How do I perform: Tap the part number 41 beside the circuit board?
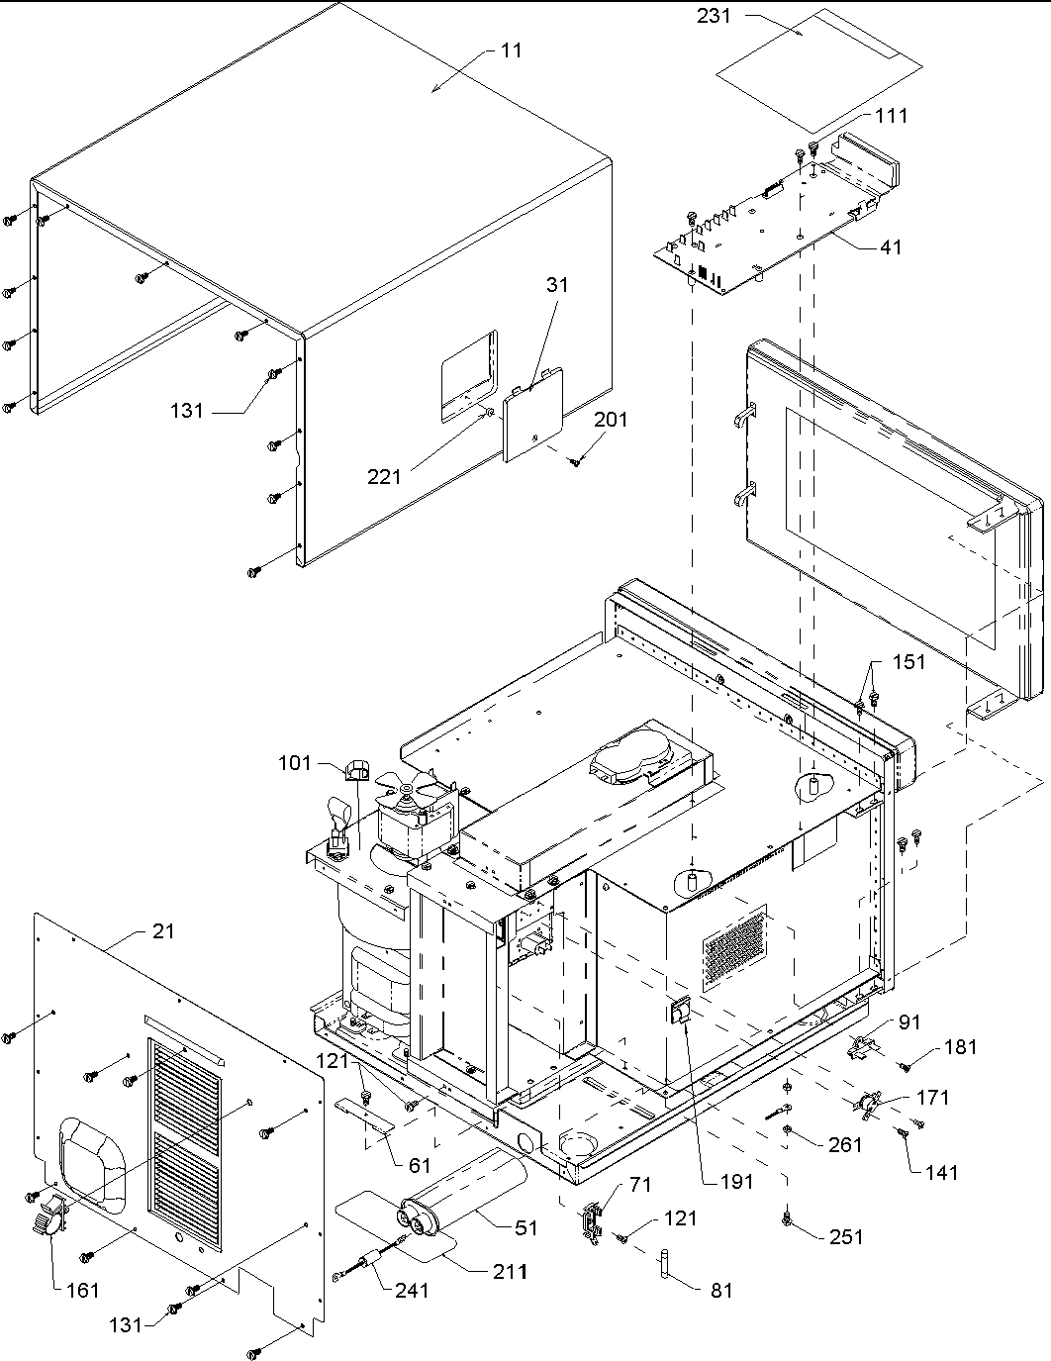tap(891, 246)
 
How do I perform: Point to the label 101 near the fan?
tap(295, 763)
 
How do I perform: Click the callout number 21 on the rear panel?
tap(163, 930)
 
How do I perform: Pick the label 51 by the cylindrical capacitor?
tap(526, 1227)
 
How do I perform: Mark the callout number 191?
tap(737, 1181)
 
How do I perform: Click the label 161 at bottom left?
tap(83, 1290)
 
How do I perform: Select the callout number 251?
tap(846, 1236)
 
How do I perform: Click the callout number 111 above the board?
tap(891, 116)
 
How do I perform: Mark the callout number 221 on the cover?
tap(385, 476)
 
